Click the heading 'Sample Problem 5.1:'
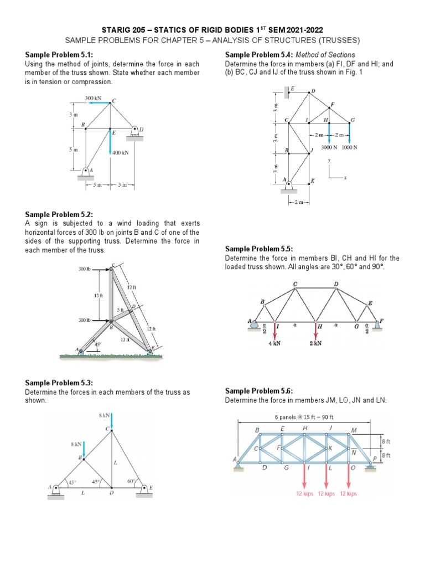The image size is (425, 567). coord(59,55)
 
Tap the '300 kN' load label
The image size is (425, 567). coord(93,98)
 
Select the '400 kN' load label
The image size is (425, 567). coord(121,152)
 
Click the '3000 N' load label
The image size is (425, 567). coord(331,147)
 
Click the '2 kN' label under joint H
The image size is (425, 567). coord(315,343)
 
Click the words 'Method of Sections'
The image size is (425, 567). coord(325,55)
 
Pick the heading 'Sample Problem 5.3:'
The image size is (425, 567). coord(59,383)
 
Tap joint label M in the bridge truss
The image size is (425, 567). coord(354,430)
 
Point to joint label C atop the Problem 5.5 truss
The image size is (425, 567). coord(295,284)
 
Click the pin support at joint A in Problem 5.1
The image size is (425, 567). coord(86,173)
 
